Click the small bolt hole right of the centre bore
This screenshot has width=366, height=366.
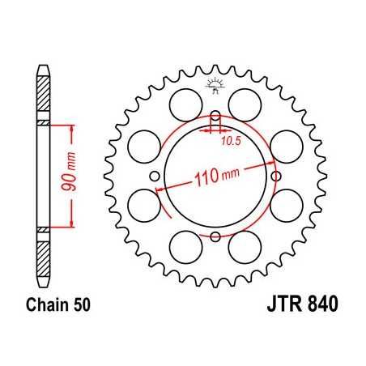(277, 176)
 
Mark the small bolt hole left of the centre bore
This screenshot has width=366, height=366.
(155, 177)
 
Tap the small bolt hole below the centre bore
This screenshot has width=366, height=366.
(215, 236)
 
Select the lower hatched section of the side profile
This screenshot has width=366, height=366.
(44, 253)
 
